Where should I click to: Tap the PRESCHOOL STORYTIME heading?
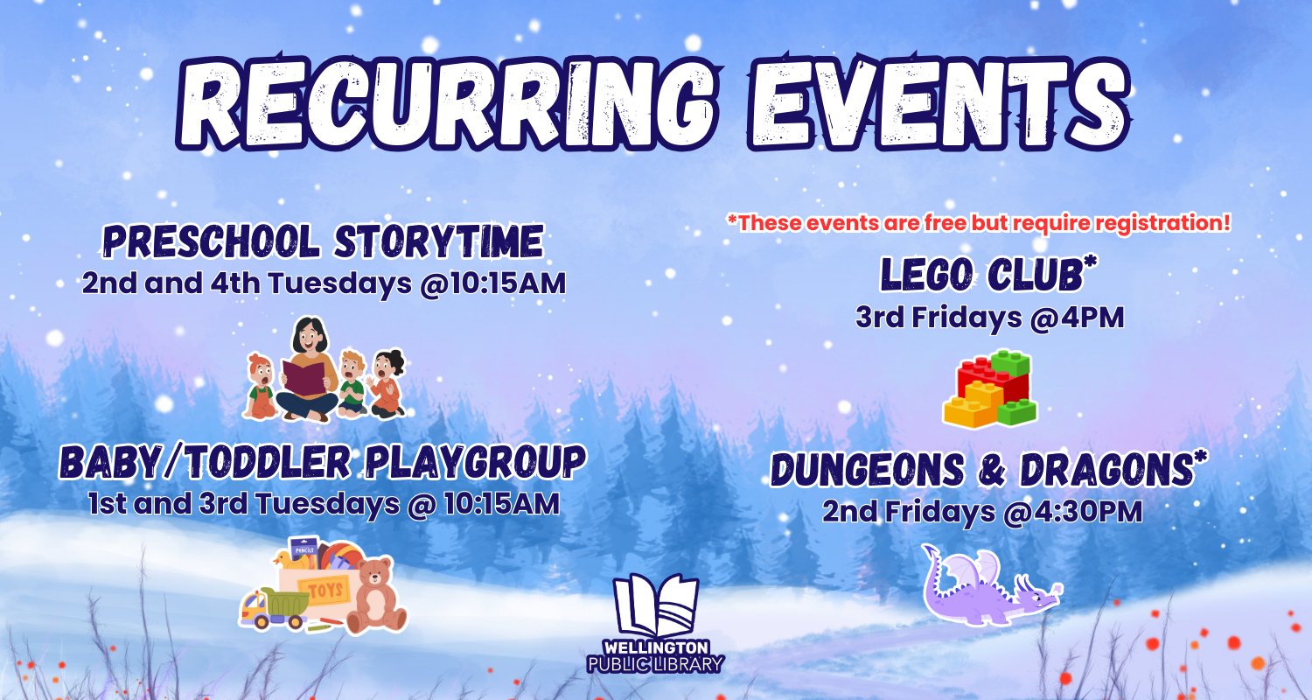tap(323, 241)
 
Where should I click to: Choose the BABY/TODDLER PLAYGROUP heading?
tap(322, 461)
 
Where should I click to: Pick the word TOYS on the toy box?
tap(325, 590)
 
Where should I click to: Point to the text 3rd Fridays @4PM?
tap(989, 318)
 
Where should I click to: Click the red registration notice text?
tap(979, 223)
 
